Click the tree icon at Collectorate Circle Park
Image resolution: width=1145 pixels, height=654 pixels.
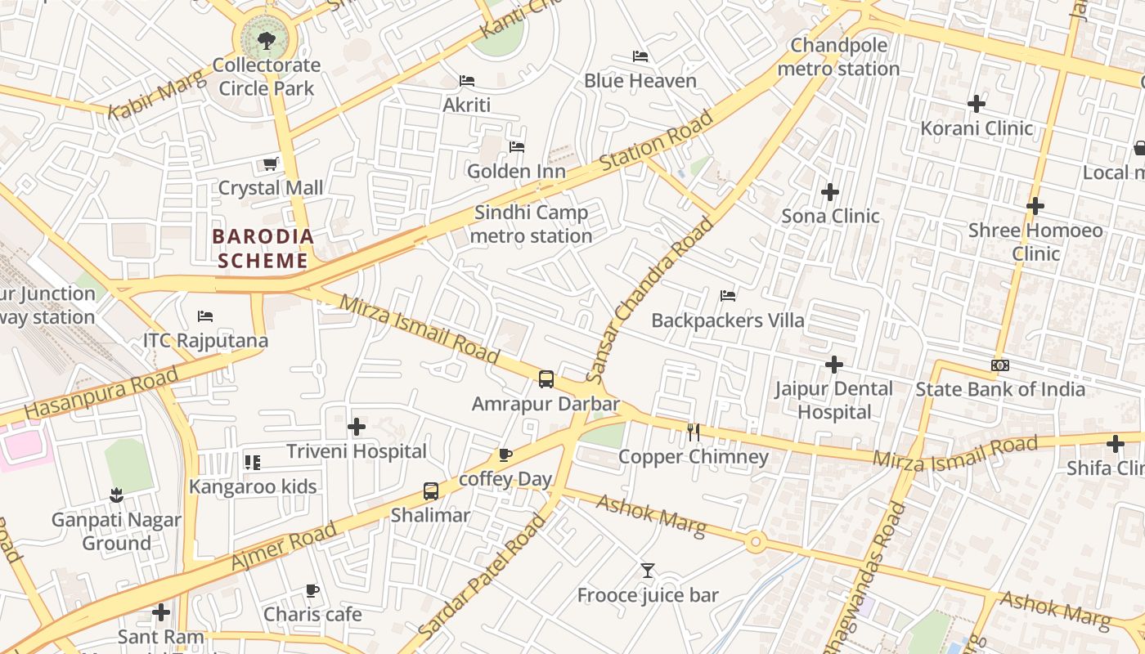click(266, 40)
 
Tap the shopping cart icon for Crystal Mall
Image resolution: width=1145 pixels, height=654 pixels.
click(271, 163)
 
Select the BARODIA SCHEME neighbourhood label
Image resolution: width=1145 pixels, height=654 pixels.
click(263, 249)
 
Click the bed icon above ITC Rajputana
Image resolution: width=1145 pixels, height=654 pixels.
click(205, 316)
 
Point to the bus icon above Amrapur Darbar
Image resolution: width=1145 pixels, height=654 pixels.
click(546, 379)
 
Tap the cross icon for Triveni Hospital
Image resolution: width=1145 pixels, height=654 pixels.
click(357, 427)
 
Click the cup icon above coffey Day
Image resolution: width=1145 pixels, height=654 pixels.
click(505, 455)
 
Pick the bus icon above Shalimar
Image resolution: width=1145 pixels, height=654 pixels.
click(431, 491)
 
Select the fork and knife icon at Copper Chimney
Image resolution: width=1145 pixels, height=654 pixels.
click(694, 432)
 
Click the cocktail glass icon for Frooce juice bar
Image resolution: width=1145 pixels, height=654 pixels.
click(648, 571)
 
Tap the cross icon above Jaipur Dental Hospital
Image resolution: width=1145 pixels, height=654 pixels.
click(834, 364)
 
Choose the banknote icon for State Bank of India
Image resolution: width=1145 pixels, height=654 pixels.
click(999, 365)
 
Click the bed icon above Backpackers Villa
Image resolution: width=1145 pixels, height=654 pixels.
click(728, 296)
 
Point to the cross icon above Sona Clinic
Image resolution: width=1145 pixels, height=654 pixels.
click(830, 192)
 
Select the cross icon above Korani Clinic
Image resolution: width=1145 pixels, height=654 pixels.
click(976, 104)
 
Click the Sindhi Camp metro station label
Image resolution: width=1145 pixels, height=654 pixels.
click(532, 224)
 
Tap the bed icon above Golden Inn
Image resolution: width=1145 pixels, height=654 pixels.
click(517, 147)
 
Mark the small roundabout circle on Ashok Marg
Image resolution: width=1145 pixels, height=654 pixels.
click(756, 541)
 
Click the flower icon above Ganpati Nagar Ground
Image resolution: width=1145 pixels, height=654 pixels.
click(116, 495)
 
